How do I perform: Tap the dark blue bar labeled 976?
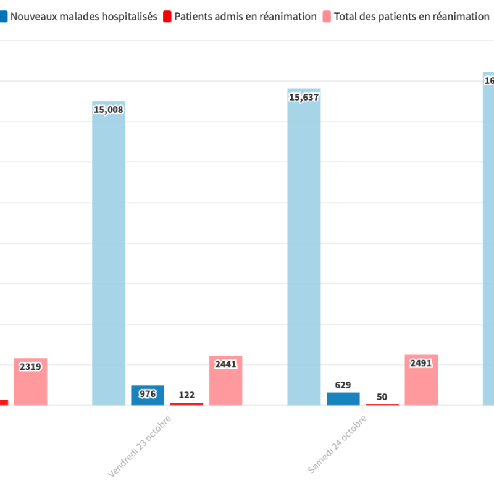click(148, 396)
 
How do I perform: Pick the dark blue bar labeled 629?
click(343, 399)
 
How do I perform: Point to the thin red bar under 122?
click(186, 404)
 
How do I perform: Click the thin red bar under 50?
click(382, 404)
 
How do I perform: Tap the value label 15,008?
click(109, 110)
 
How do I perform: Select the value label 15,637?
click(304, 97)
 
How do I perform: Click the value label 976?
click(148, 394)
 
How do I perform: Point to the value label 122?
click(186, 395)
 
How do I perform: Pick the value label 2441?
click(225, 364)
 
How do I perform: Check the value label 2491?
click(421, 363)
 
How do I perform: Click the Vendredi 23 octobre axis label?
click(140, 446)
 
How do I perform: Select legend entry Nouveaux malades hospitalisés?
click(83, 17)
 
